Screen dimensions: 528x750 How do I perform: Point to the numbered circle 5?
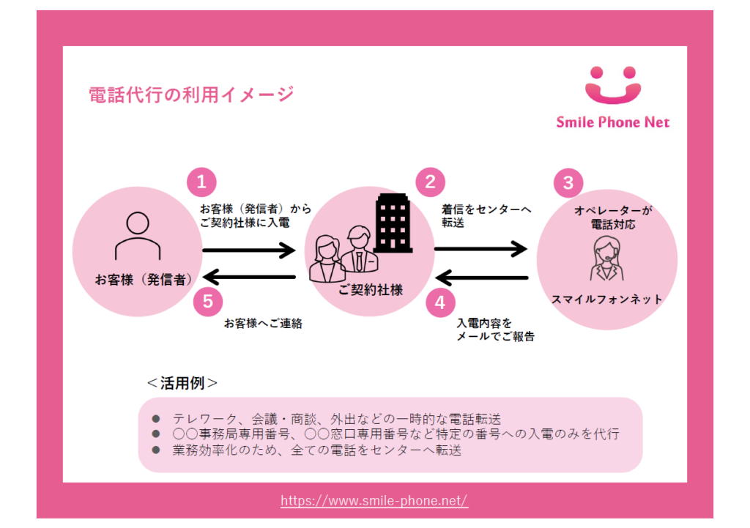point(208,301)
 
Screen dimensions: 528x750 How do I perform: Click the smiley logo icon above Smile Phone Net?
point(612,86)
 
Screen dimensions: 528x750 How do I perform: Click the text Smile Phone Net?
point(613,122)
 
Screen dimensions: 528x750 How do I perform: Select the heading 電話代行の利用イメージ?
point(190,94)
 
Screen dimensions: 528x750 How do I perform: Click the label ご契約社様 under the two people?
point(371,290)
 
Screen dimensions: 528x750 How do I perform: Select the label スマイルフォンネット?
point(606,299)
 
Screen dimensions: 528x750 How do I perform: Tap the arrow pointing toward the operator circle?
point(480,250)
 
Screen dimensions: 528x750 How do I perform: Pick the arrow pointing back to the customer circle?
point(249,278)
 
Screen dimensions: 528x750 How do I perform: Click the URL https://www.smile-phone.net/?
point(374,501)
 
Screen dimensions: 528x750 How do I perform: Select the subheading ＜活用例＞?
point(182,382)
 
